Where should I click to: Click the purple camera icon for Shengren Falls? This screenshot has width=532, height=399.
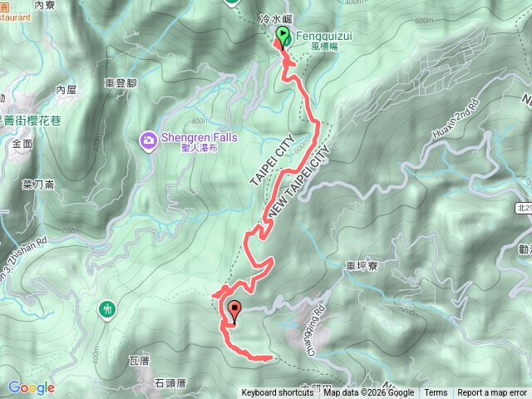pyautogui.click(x=148, y=140)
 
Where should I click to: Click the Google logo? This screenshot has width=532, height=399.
pyautogui.click(x=32, y=387)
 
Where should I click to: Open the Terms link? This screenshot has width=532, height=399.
pyautogui.click(x=436, y=393)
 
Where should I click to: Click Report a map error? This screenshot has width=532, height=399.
pyautogui.click(x=492, y=393)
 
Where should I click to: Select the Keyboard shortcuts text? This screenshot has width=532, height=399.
pyautogui.click(x=278, y=393)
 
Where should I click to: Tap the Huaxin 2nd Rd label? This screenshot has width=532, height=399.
pyautogui.click(x=456, y=121)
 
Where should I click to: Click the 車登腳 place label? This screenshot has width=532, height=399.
pyautogui.click(x=120, y=83)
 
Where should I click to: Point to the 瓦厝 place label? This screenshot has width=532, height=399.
pyautogui.click(x=138, y=361)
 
